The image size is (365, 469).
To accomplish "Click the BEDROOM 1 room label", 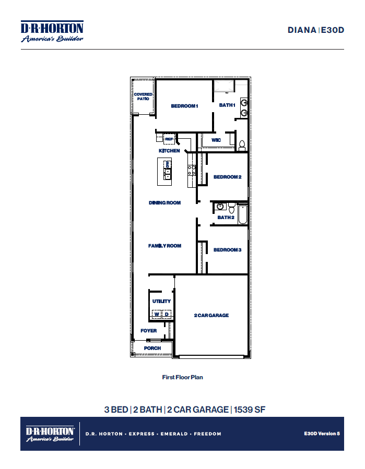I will tap(184, 106).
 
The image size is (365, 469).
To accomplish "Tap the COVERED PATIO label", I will tap(143, 97).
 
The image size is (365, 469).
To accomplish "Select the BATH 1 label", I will tap(227, 105).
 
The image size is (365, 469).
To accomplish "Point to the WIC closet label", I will tap(216, 140).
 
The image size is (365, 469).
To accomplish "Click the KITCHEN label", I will tap(169, 151).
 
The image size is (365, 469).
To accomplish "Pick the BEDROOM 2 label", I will tap(227, 177).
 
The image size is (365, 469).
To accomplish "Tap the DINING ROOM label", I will tap(164, 203).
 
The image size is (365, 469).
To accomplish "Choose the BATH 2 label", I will tap(226, 218).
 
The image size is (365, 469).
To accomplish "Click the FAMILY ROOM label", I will tap(164, 246).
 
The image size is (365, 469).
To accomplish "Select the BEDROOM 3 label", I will tap(227, 250).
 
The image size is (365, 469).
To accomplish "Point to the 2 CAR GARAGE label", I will tap(211, 316).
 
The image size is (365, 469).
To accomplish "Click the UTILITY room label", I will tap(161, 302).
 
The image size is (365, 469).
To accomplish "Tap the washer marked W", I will tap(157, 314).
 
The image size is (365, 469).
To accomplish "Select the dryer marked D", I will tap(167, 314).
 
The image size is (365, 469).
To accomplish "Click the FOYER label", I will tap(148, 331).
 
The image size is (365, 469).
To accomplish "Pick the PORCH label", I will tap(152, 348).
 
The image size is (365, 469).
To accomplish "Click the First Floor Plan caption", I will tap(182, 377).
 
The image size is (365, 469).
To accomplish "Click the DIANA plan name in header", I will tap(302, 30).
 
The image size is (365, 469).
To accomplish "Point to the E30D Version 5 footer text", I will tap(322, 434).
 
